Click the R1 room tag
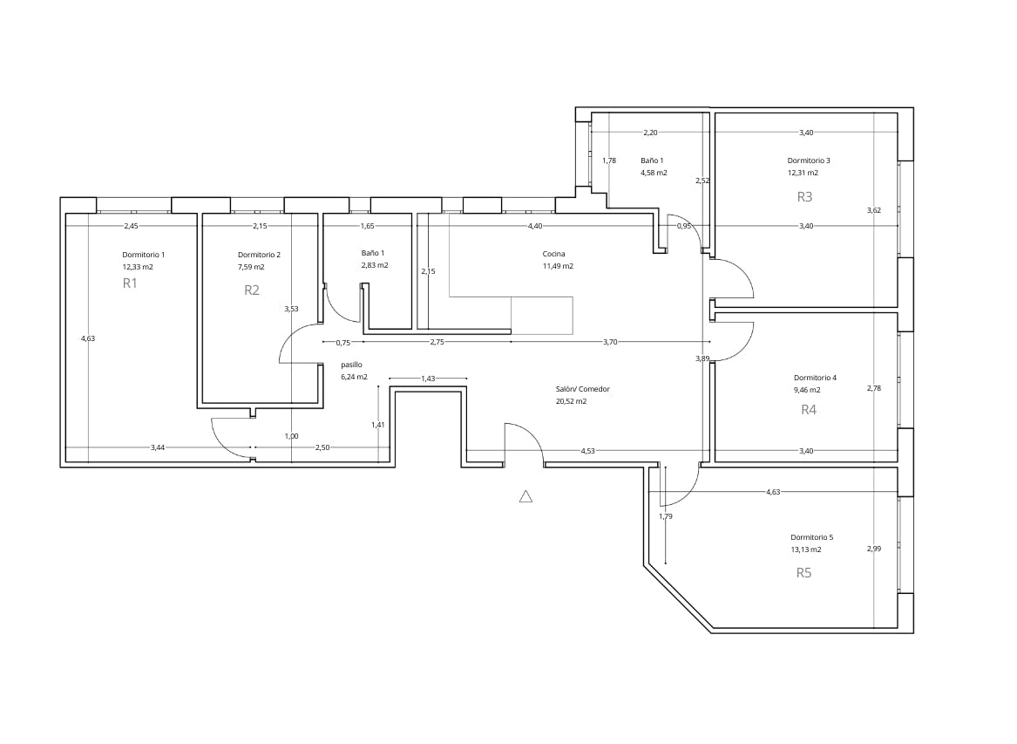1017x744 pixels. point(130,283)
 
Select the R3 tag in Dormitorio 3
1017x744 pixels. point(804,196)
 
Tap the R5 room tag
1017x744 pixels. point(804,573)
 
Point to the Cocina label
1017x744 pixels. point(553,255)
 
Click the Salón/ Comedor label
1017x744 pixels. point(582,389)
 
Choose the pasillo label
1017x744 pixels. point(351,365)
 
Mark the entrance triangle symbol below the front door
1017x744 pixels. point(525,496)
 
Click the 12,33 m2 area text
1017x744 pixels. point(138,267)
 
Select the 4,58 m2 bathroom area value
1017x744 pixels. point(654,173)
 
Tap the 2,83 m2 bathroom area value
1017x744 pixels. point(375,265)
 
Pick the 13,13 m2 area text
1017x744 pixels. point(805,550)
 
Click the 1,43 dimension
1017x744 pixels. point(428,379)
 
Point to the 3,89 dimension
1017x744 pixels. point(702,358)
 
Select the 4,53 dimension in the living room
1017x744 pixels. point(588,451)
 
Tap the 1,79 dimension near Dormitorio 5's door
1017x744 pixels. point(666,516)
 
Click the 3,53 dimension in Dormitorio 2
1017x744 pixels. point(291,308)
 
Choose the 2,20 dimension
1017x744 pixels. point(650,133)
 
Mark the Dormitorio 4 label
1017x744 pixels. point(815,378)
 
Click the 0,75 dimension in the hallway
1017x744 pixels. point(342,343)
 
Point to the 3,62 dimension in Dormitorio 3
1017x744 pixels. point(873,210)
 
